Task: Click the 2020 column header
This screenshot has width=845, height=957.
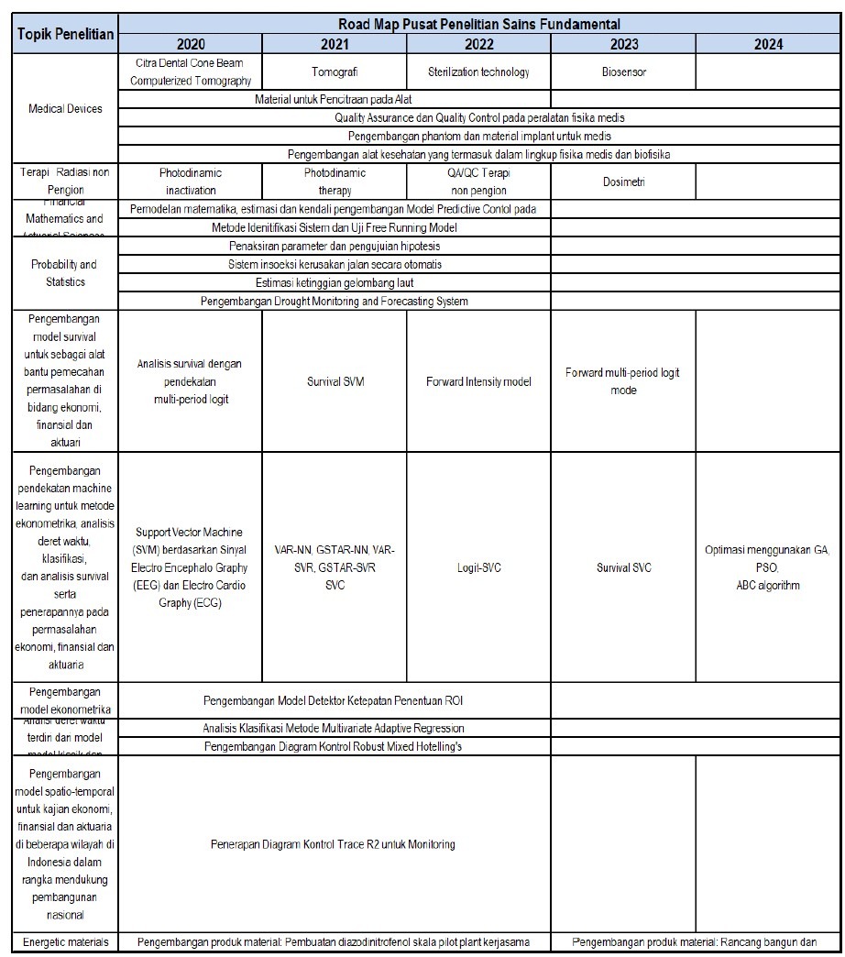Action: coord(191,44)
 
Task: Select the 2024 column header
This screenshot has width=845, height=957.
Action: coord(768,44)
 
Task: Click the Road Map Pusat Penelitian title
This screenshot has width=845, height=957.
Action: coord(478,25)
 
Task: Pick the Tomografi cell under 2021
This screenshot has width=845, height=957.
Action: coord(335,71)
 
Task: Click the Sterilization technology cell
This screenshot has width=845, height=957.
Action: coord(478,71)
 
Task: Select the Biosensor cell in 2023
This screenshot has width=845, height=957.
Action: coord(623,71)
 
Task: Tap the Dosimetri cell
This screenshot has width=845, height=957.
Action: coord(623,181)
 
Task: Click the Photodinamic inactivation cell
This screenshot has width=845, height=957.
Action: coord(191,181)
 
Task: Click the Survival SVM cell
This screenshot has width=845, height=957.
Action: coord(335,381)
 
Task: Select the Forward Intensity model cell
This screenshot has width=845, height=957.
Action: coord(478,381)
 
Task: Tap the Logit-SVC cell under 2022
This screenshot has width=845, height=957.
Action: coord(478,567)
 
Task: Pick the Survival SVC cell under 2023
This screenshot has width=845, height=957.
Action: coord(623,567)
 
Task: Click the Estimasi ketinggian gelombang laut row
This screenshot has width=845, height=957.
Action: coord(335,282)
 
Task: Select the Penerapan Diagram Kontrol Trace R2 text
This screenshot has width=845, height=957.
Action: coord(335,844)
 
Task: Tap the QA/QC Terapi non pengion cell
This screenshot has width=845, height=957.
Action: coord(478,181)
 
